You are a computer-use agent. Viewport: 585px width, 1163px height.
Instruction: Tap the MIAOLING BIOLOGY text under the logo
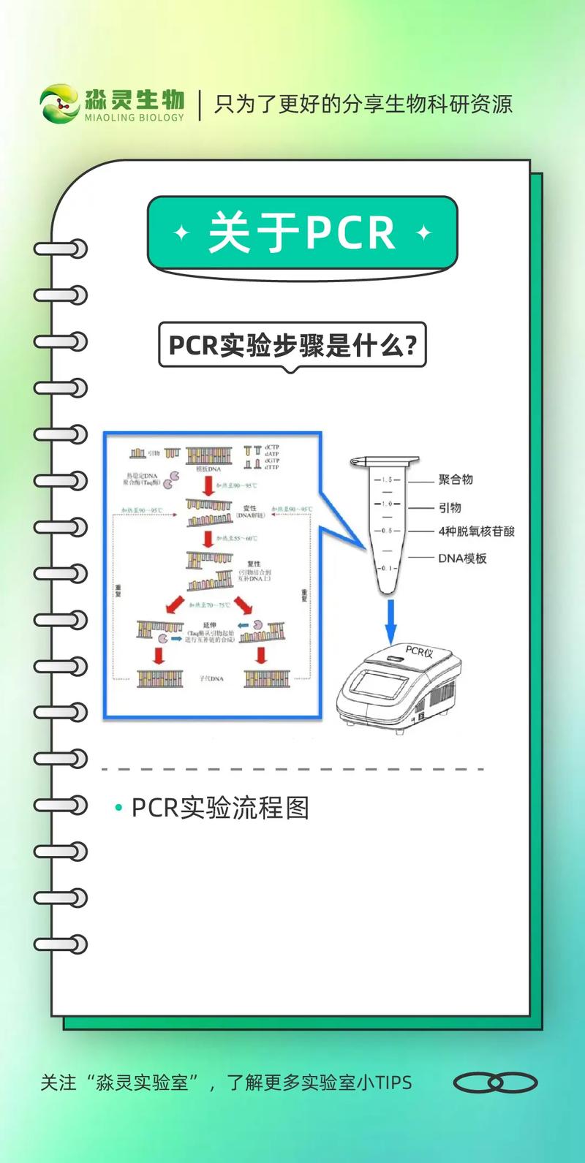pyautogui.click(x=135, y=118)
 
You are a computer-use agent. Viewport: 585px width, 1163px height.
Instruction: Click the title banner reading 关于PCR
pyautogui.click(x=302, y=232)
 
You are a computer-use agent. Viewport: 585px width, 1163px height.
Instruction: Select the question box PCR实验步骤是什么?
pyautogui.click(x=292, y=345)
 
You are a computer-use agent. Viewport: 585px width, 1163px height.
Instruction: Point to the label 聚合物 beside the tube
pyautogui.click(x=456, y=480)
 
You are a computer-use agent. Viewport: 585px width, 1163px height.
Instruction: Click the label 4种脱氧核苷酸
pyautogui.click(x=476, y=531)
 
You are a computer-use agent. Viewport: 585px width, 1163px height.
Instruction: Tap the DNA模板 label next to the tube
pyautogui.click(x=462, y=558)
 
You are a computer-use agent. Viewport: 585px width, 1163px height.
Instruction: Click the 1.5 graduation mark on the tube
pyautogui.click(x=387, y=480)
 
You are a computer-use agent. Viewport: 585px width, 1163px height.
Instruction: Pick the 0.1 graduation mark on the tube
pyautogui.click(x=388, y=568)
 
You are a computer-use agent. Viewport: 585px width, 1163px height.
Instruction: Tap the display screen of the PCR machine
pyautogui.click(x=380, y=687)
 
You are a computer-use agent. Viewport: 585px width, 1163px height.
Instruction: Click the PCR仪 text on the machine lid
pyautogui.click(x=420, y=651)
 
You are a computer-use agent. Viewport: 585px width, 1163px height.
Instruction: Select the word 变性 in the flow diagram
pyautogui.click(x=250, y=508)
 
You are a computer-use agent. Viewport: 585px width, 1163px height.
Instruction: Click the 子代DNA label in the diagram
pyautogui.click(x=211, y=679)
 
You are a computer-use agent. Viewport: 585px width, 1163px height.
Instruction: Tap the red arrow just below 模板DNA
pyautogui.click(x=208, y=485)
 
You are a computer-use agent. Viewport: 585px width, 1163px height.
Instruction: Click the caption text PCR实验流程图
pyautogui.click(x=220, y=808)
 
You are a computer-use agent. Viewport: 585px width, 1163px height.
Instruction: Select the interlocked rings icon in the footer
pyautogui.click(x=495, y=1083)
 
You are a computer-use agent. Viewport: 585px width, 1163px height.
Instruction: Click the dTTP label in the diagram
pyautogui.click(x=272, y=467)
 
